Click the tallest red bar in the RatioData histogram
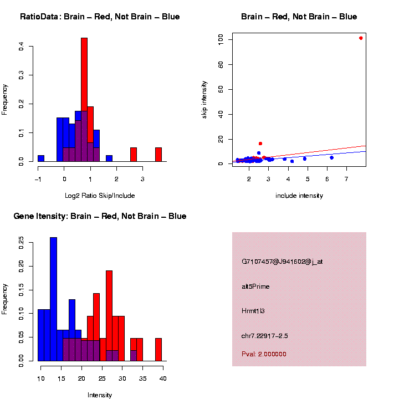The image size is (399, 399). pyautogui.click(x=84, y=100)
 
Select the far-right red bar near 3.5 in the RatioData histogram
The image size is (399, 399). pyautogui.click(x=158, y=155)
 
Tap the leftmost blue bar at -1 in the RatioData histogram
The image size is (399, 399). pyautogui.click(x=41, y=158)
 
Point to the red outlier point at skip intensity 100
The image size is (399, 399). pyautogui.click(x=361, y=38)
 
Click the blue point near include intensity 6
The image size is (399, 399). pyautogui.click(x=331, y=157)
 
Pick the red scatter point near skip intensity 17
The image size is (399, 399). pyautogui.click(x=260, y=144)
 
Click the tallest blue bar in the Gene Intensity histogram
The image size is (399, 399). pyautogui.click(x=53, y=299)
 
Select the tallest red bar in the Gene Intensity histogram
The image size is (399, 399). pyautogui.click(x=109, y=316)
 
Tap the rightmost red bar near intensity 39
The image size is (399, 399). pyautogui.click(x=158, y=350)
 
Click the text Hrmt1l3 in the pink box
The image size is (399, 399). pyautogui.click(x=253, y=311)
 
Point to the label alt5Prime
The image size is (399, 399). pyautogui.click(x=255, y=287)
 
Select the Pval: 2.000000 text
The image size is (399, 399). pyautogui.click(x=264, y=354)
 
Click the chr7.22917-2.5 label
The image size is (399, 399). pyautogui.click(x=264, y=336)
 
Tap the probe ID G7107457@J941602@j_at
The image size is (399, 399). pyautogui.click(x=282, y=262)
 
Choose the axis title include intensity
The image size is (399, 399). pyautogui.click(x=299, y=196)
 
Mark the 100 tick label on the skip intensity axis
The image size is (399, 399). pyautogui.click(x=221, y=39)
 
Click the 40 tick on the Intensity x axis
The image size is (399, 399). pyautogui.click(x=163, y=378)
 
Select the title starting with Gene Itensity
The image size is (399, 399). pyautogui.click(x=100, y=216)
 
